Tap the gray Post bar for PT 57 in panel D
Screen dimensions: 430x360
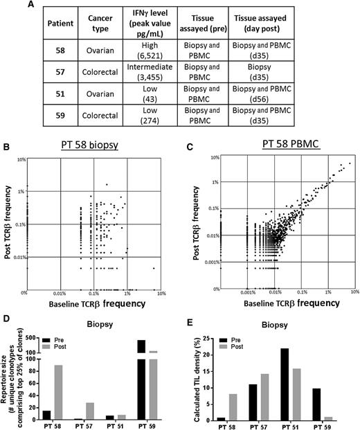[91, 411]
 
